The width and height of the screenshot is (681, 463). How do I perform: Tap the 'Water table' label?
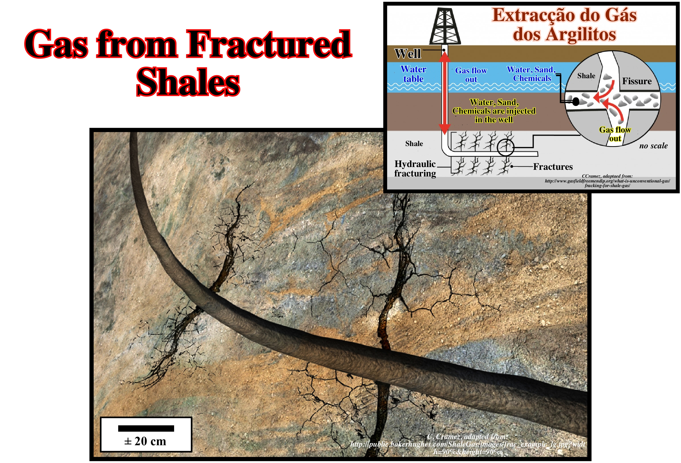tap(413, 74)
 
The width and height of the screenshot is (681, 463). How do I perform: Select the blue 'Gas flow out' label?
tap(471, 75)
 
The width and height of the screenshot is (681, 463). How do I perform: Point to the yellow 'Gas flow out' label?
tap(615, 134)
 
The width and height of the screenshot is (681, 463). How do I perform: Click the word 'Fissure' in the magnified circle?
tap(637, 81)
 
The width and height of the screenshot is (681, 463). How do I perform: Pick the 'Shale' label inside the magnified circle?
tap(586, 76)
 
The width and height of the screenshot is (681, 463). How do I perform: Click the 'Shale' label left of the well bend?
tap(414, 143)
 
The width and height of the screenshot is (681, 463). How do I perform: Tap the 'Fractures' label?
tap(553, 167)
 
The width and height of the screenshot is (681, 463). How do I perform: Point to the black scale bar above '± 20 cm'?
tap(146, 428)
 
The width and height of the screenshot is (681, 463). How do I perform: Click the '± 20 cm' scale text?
tap(145, 441)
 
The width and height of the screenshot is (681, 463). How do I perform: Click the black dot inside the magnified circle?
tap(576, 102)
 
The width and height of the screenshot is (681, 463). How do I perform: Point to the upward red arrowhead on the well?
tap(444, 59)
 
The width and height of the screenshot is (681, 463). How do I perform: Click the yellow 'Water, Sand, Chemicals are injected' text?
tap(494, 111)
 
